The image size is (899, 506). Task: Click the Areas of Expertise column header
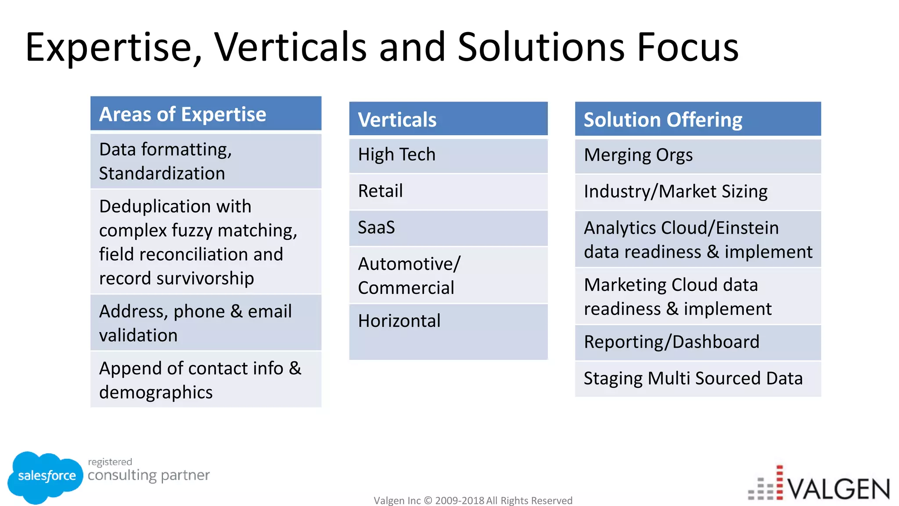point(205,114)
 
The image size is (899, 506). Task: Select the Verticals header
point(448,119)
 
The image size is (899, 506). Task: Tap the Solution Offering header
point(698,119)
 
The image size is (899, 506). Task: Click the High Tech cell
point(448,155)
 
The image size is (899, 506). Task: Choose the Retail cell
point(448,192)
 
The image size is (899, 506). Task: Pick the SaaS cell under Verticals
point(448,228)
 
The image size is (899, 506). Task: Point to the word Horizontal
point(399,321)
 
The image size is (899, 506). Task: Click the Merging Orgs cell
point(698,155)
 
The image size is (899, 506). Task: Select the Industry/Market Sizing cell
point(698,192)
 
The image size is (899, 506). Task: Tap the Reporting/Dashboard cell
point(698,342)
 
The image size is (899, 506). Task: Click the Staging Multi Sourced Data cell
point(698,379)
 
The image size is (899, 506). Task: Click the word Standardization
point(162,173)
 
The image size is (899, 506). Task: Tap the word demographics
point(156,393)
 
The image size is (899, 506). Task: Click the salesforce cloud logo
point(46,477)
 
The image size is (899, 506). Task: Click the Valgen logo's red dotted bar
point(780,483)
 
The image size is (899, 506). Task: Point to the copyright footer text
point(473,500)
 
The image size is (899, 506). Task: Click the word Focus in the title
point(687,47)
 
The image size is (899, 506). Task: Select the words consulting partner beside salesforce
point(148,475)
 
